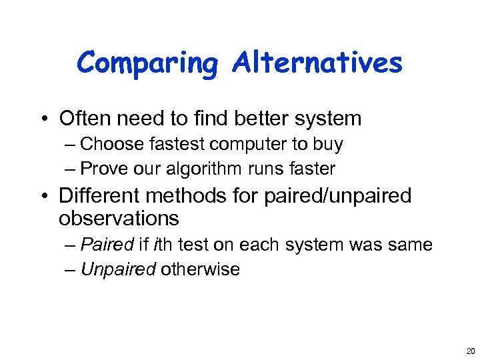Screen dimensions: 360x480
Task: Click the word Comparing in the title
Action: click(x=147, y=64)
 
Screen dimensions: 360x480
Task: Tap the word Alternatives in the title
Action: click(x=317, y=63)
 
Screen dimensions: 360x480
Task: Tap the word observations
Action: click(x=119, y=218)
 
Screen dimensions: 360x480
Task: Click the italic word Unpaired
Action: click(x=118, y=269)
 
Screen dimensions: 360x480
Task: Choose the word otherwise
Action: click(x=200, y=269)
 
